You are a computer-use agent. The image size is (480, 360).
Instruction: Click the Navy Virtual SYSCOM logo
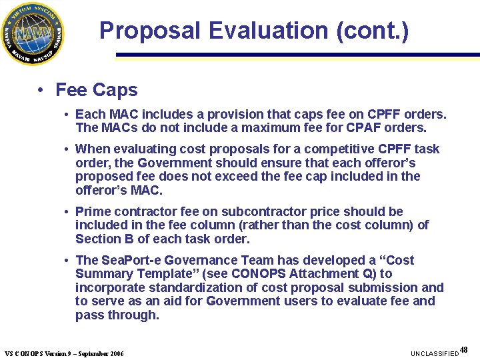pos(33,33)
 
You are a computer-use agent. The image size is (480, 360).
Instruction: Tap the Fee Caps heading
pos(97,90)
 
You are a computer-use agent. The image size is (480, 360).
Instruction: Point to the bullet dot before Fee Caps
pos(41,90)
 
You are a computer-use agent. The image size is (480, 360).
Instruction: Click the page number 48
pos(464,349)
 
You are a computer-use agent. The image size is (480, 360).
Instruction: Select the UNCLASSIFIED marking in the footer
pos(435,353)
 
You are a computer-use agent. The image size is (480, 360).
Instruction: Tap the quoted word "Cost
pos(397,260)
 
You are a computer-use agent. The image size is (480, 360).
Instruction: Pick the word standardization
pos(190,287)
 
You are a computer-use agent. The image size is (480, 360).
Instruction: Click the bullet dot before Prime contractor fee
pos(67,211)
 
